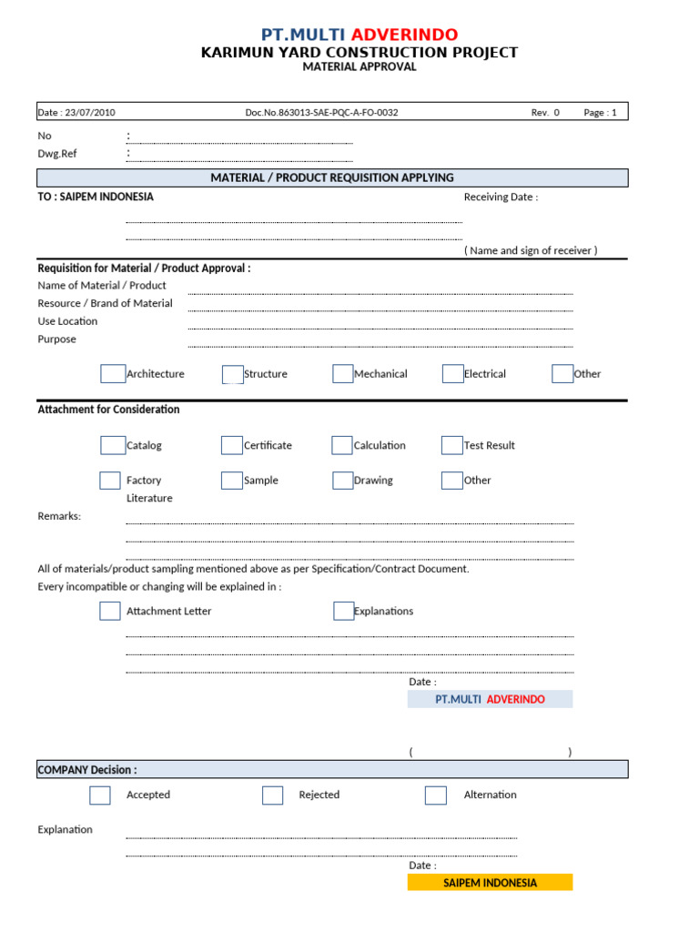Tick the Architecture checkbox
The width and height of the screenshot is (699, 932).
113,374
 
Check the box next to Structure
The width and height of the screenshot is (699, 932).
233,374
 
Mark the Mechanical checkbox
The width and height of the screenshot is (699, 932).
342,374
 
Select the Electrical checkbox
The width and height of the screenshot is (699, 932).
452,374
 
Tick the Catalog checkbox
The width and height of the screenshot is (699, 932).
113,445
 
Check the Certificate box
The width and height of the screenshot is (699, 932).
232,445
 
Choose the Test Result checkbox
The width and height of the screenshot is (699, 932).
451,445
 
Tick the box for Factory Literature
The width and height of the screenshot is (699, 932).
110,481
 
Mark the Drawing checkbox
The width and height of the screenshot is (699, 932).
342,481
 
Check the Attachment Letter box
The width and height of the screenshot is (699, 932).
110,611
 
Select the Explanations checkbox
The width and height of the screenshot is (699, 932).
343,611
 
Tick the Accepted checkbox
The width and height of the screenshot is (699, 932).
100,795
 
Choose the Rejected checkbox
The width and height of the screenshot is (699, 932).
272,795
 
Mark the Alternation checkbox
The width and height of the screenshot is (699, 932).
436,795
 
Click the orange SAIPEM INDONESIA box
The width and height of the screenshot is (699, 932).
490,882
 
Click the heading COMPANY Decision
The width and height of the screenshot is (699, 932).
87,769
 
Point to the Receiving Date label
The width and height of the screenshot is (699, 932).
501,198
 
